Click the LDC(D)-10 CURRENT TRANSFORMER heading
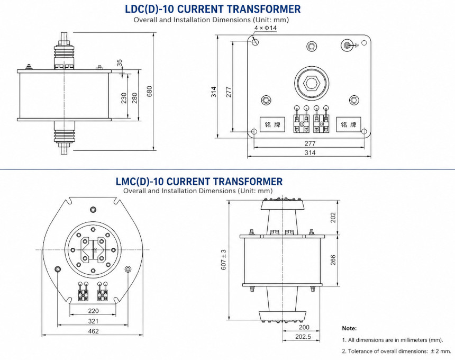coord(213,9)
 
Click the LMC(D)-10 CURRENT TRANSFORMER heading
coord(199,182)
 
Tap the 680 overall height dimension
coord(149,92)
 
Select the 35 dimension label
coord(120,62)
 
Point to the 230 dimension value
coord(124,98)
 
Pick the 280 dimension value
coord(134,98)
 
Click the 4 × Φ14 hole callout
coord(266,28)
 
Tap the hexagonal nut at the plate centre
coord(312,84)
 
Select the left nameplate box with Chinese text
coord(272,124)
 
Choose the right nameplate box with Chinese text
coord(349,124)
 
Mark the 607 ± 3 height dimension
coord(224,259)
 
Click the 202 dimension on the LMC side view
coord(333,218)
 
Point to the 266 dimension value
coord(333,260)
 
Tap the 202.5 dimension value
coord(303,337)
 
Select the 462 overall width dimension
coord(93,331)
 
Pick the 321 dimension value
coord(93,321)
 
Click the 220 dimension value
coord(93,311)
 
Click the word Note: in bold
coord(349,328)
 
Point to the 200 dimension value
coord(304,328)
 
